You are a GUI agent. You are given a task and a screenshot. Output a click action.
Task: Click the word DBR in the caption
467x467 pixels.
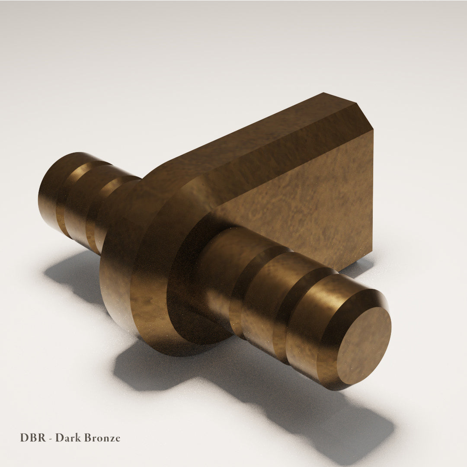33,438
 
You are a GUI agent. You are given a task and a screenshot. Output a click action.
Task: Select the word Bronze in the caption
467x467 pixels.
102,438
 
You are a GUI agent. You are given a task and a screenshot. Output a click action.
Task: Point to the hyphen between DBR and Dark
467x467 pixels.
51,438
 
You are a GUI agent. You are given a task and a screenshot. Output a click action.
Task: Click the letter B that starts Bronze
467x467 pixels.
87,438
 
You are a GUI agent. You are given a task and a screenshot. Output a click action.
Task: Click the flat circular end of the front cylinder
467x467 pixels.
364,345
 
